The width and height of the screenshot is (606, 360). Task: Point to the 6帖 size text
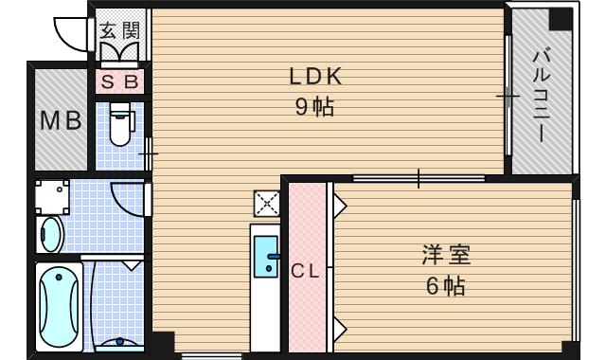coord(445,285)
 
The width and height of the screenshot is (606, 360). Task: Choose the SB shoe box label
coord(120,82)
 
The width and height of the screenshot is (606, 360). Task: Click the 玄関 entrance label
coord(120,28)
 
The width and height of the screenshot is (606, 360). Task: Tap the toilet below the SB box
coord(119,128)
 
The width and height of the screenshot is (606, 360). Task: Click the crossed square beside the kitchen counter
coord(266,203)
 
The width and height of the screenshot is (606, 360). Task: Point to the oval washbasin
coord(50,233)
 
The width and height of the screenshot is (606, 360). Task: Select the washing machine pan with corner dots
coord(53,197)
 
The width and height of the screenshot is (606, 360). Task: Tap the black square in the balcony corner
coord(561,18)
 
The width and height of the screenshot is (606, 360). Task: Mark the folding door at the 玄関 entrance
coord(120,51)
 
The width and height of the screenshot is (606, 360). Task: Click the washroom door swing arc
coord(127,199)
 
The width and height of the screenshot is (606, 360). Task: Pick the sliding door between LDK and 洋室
coord(417,178)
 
